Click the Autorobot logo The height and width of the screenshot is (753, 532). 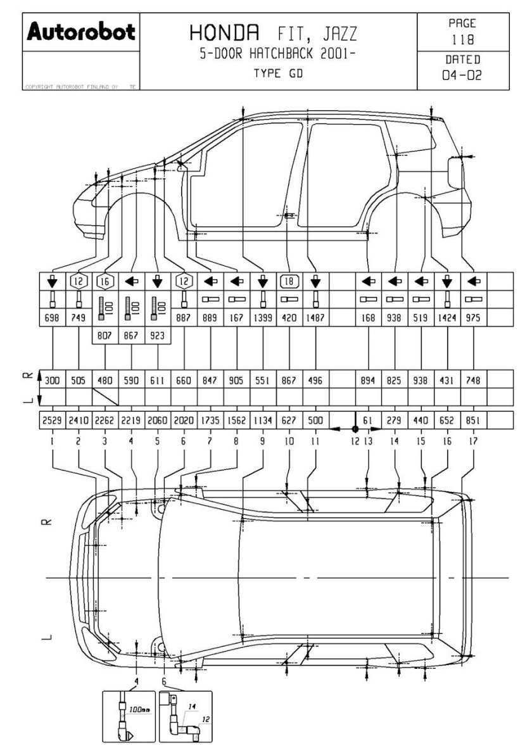click(80, 32)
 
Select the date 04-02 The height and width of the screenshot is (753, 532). click(462, 75)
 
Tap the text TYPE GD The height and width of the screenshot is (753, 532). click(278, 73)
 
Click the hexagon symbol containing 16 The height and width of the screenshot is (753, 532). click(104, 281)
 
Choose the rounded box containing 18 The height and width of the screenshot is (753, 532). click(289, 281)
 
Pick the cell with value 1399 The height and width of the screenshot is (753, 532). click(263, 319)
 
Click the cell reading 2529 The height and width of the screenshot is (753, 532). click(52, 420)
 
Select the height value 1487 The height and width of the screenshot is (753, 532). click(315, 319)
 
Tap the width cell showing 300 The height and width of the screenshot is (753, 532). click(52, 381)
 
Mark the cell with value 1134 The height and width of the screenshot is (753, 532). click(263, 420)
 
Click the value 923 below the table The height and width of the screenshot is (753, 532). click(158, 336)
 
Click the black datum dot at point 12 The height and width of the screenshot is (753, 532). click(355, 429)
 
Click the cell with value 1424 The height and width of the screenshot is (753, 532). click(448, 319)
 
